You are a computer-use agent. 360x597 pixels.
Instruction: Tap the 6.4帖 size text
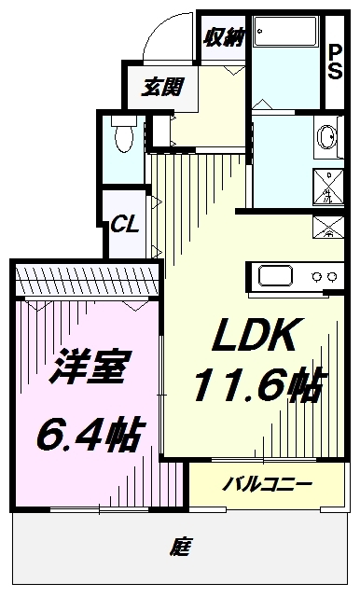(90, 432)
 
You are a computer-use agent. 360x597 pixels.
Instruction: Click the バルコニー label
(269, 485)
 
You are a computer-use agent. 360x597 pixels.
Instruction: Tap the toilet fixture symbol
(119, 136)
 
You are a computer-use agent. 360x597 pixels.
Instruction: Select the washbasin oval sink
(327, 137)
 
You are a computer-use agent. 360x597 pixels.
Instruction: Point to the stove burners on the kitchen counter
(324, 276)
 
